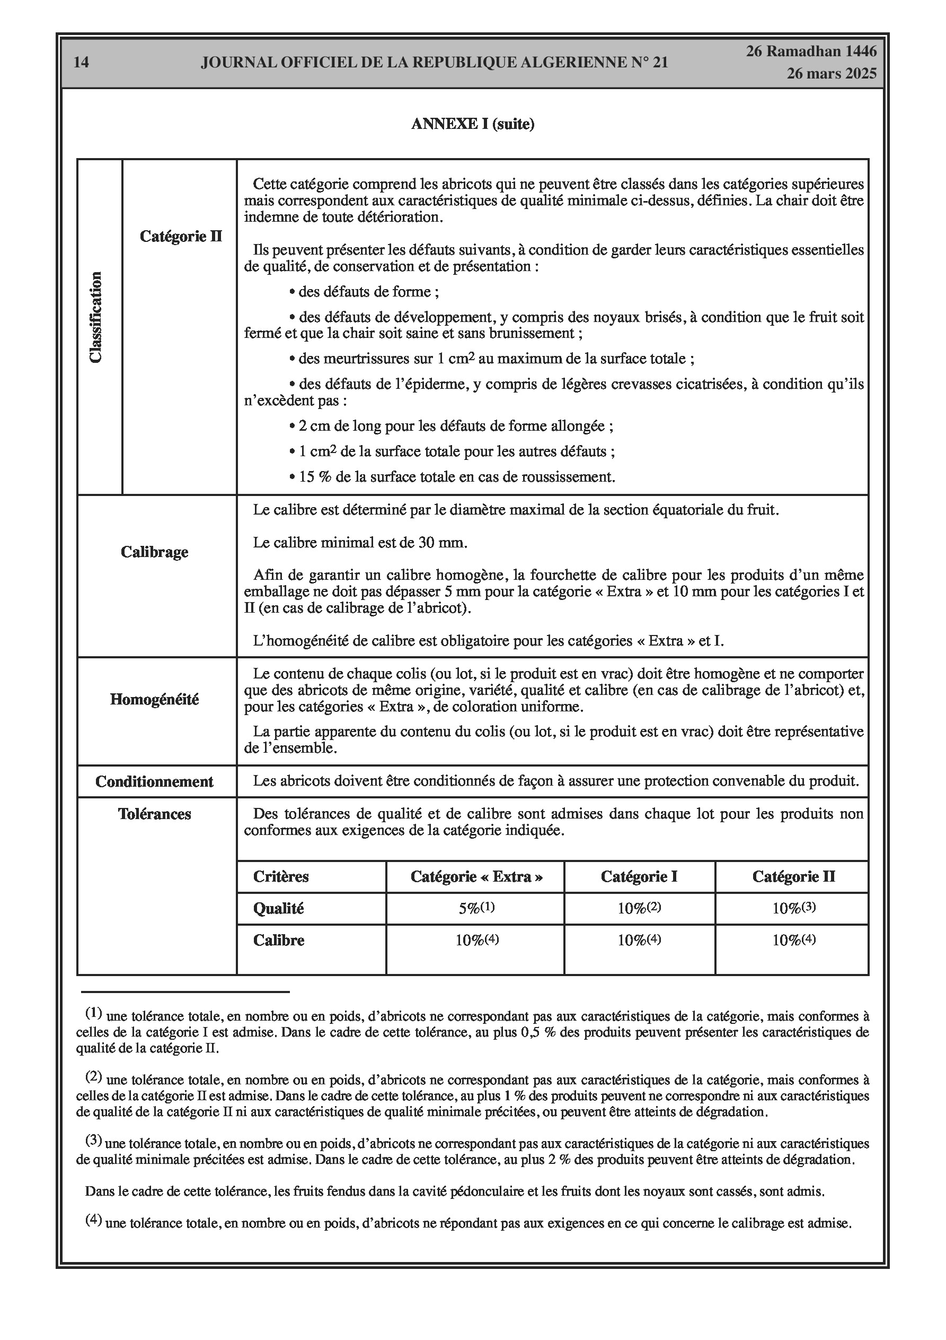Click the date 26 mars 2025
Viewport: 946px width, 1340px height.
pos(831,74)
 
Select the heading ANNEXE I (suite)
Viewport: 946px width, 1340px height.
pos(472,124)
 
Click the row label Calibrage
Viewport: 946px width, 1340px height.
pos(155,552)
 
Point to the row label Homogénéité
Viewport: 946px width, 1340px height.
pos(155,699)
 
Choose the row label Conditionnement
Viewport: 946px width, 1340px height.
pos(155,781)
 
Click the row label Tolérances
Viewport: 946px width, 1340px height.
pos(155,814)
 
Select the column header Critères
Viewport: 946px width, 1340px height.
pos(280,876)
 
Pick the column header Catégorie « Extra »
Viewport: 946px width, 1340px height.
pos(476,876)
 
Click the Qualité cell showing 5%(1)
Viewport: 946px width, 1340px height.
pos(476,909)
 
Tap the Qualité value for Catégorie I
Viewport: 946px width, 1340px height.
pos(639,909)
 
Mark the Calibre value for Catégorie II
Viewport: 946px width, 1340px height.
pos(794,940)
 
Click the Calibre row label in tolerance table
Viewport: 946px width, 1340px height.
pos(279,940)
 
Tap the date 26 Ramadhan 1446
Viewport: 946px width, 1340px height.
pos(811,51)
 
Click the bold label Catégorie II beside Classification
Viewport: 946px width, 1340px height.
pos(181,237)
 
